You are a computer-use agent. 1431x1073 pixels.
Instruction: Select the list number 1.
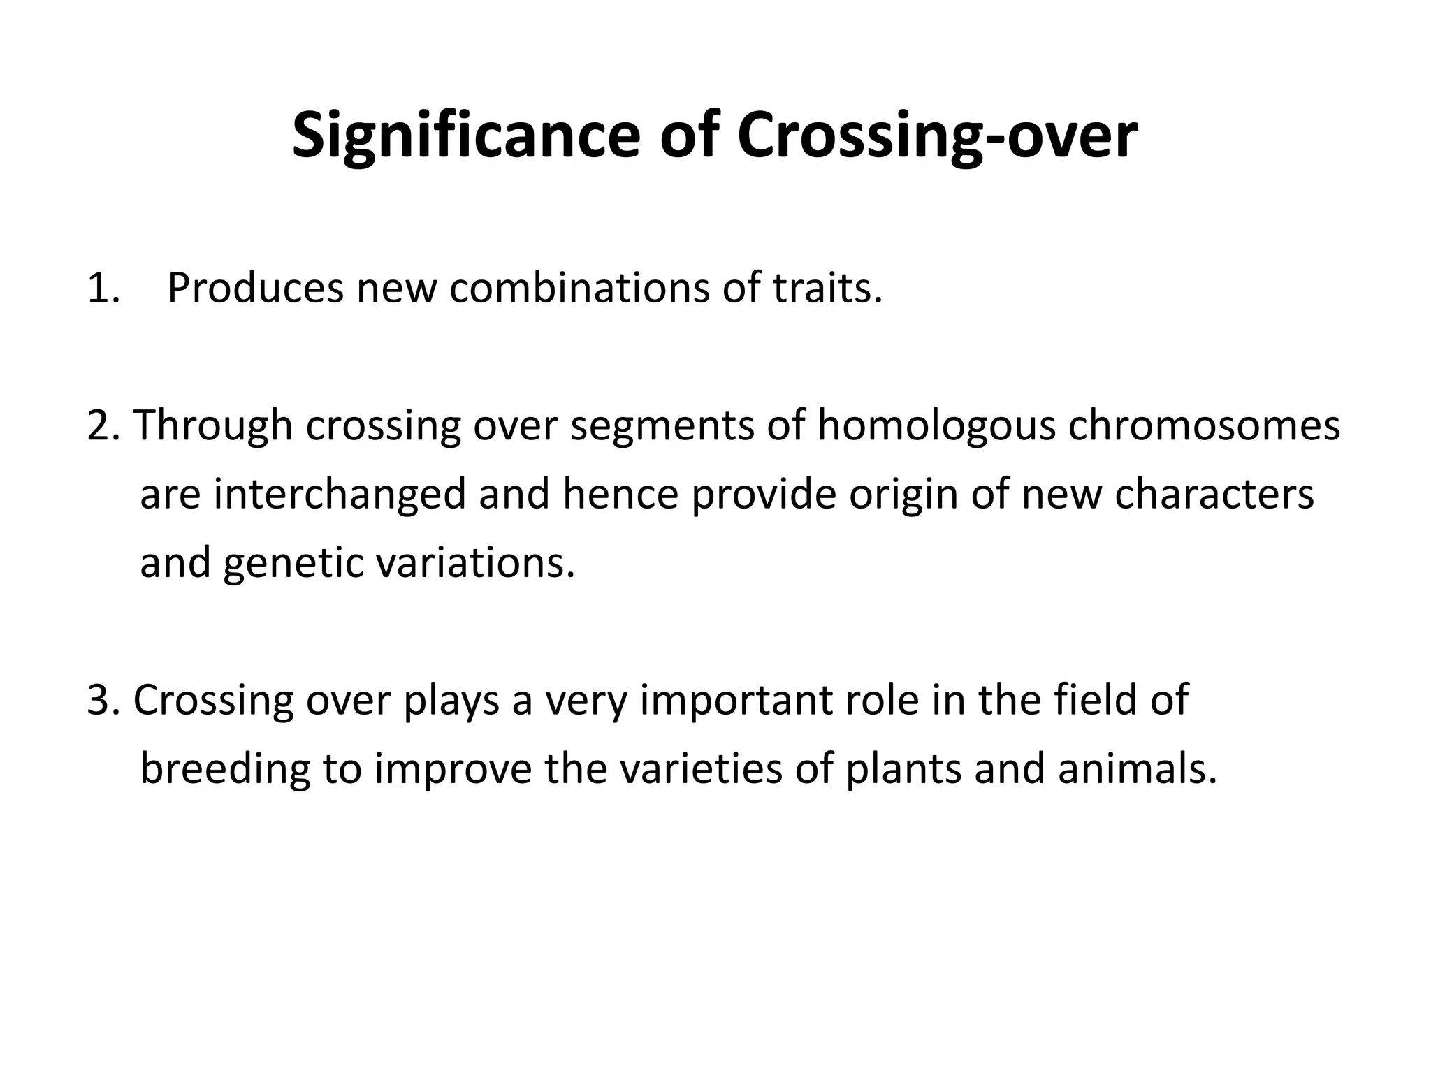coord(103,288)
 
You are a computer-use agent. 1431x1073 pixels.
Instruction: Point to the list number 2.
coord(103,425)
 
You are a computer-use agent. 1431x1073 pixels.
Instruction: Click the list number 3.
coord(103,700)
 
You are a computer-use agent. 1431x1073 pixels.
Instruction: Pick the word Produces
coord(255,288)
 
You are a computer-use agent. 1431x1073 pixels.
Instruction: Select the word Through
coord(212,425)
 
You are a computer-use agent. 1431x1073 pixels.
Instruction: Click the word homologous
coord(936,427)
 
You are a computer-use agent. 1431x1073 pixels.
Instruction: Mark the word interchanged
coord(340,495)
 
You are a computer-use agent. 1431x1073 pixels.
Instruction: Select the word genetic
coord(293,563)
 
